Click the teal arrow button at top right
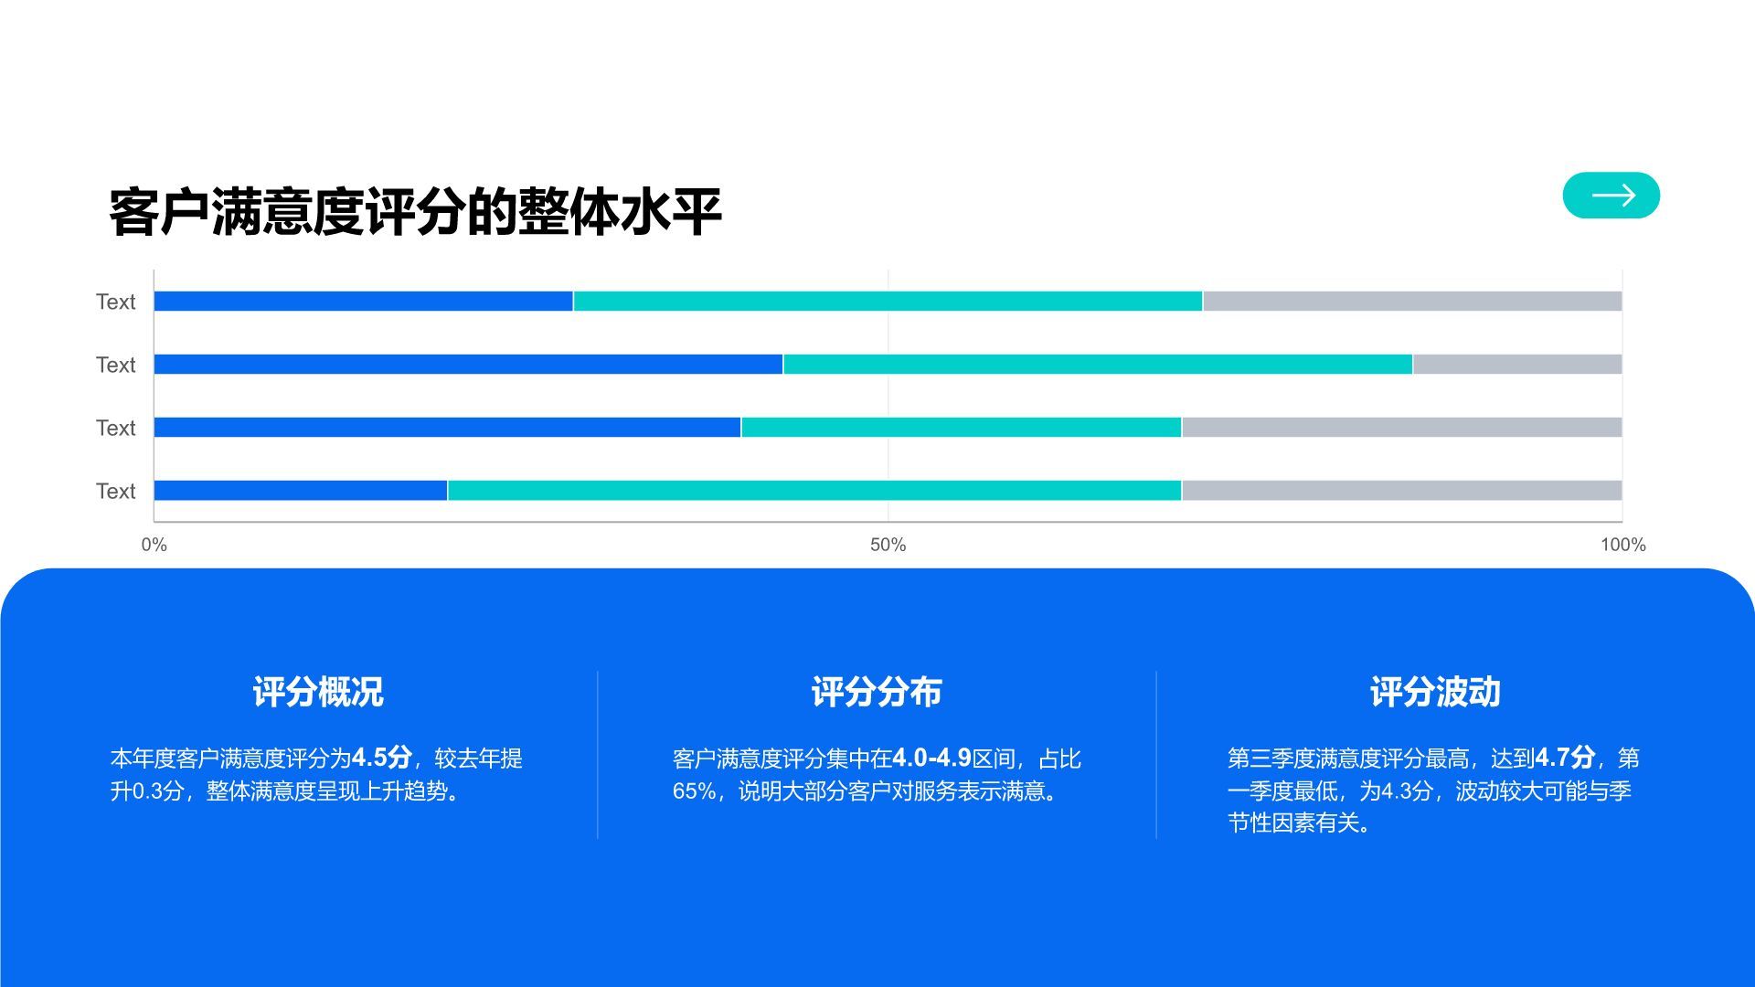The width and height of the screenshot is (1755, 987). [1611, 196]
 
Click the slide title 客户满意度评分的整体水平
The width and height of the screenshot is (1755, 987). [415, 212]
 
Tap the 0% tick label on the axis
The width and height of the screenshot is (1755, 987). [154, 546]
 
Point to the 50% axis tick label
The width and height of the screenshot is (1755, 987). [888, 546]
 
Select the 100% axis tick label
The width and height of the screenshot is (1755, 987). [1622, 546]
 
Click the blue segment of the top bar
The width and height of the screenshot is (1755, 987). [363, 302]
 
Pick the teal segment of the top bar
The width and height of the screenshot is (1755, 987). [888, 302]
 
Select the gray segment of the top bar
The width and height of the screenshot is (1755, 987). [1412, 302]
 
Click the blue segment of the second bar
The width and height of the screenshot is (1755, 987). [468, 365]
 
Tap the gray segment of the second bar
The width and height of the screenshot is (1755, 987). [1517, 365]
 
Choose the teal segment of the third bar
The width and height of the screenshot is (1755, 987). [961, 428]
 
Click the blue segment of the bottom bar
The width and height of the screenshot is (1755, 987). [301, 491]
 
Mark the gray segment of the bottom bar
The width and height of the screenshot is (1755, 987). [1401, 491]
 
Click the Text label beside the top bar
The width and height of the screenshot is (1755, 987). [115, 302]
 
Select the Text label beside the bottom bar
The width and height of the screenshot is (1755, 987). [115, 491]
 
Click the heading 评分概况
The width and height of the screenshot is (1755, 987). [318, 692]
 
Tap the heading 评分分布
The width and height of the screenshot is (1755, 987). [877, 692]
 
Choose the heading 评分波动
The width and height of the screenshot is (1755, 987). [1435, 692]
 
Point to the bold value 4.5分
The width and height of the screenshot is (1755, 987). [382, 758]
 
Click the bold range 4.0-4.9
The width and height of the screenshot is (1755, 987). [931, 758]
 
